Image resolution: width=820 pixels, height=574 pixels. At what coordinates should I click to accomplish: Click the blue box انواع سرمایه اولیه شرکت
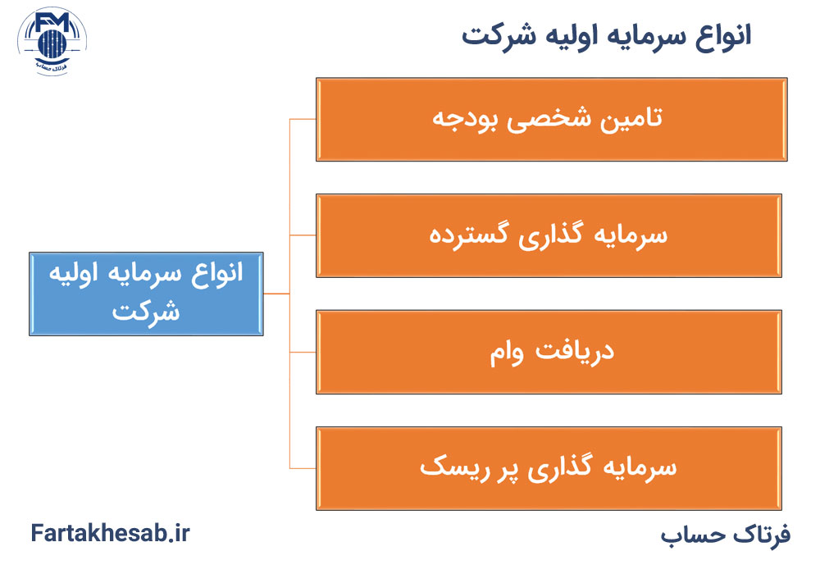click(146, 293)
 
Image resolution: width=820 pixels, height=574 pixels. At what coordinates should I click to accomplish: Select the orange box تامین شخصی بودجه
click(551, 119)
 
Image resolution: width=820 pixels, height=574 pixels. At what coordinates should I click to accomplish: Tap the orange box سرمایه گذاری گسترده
click(548, 235)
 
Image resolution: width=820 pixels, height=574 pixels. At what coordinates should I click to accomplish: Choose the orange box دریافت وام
click(548, 352)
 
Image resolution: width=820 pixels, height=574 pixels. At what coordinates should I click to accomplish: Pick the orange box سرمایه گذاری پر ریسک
click(548, 468)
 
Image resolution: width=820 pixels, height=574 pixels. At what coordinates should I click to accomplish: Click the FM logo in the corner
click(52, 41)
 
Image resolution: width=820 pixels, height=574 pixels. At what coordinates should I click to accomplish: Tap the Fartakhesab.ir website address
click(111, 534)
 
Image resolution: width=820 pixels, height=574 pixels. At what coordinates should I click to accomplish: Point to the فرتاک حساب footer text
click(725, 535)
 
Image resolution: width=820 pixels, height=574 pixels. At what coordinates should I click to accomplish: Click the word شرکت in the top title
click(492, 36)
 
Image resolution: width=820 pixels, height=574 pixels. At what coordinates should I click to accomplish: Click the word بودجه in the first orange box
click(464, 119)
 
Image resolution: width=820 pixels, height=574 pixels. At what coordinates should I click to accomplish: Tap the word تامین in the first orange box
click(632, 119)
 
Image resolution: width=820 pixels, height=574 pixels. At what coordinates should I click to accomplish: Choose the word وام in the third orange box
click(510, 353)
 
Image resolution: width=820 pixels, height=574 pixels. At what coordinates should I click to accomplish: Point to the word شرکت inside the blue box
click(146, 312)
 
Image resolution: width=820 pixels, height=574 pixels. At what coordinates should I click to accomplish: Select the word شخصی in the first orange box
click(548, 119)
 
